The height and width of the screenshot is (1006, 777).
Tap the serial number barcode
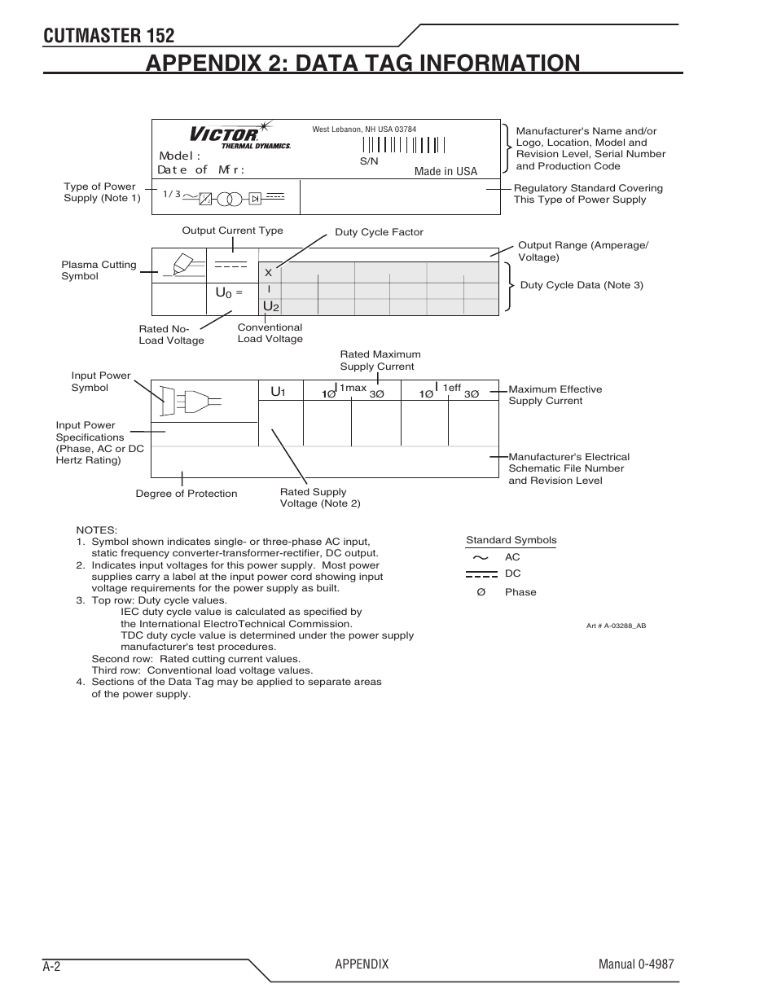404,145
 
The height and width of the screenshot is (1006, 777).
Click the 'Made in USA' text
446,171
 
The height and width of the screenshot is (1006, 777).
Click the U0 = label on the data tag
229,292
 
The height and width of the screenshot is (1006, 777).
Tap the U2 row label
271,306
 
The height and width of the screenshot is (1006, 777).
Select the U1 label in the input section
278,393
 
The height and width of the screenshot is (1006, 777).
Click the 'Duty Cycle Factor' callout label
379,232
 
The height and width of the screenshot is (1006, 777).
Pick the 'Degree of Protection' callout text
187,494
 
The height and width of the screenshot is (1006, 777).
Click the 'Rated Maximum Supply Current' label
380,360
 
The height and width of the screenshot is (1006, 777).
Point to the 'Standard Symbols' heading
511,540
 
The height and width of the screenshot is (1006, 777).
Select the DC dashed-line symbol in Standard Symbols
481,574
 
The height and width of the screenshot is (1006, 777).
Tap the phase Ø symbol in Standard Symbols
481,592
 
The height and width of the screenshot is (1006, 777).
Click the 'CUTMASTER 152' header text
108,35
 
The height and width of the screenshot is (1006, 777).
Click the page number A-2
53,966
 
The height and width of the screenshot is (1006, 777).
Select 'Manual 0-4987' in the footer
635,964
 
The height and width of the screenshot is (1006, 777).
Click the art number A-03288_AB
616,626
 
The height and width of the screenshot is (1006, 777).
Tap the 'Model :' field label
179,156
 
